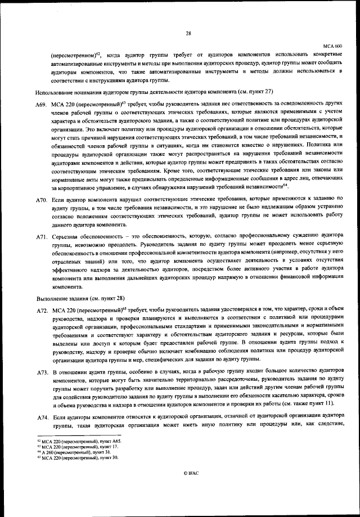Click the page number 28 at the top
pos(188,33)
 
